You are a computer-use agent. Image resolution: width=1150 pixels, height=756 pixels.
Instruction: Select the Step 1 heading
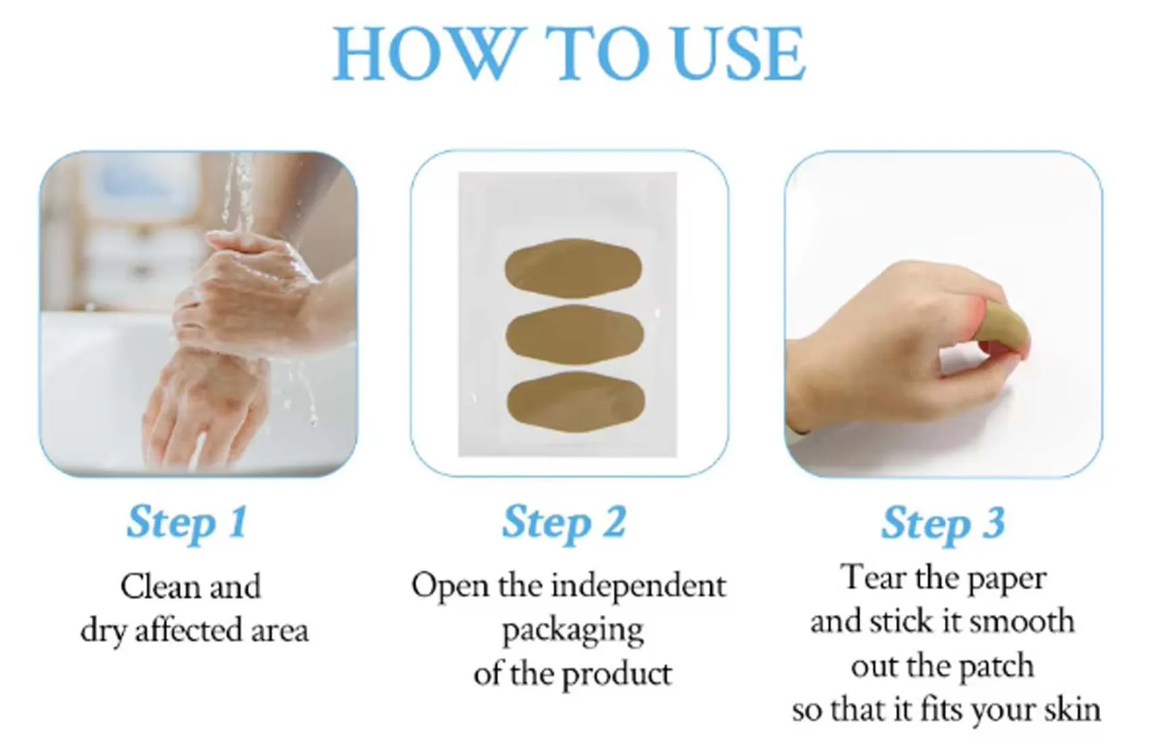tap(187, 523)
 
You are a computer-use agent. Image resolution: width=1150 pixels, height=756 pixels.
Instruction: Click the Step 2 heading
tap(564, 523)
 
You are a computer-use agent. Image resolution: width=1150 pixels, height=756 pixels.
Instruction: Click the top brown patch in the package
tap(573, 268)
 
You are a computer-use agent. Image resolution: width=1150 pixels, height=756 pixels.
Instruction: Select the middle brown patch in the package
tap(574, 333)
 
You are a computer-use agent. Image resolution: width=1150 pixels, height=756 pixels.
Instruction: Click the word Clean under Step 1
tap(161, 587)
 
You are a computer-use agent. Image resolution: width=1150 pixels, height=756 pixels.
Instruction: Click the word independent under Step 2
tap(638, 586)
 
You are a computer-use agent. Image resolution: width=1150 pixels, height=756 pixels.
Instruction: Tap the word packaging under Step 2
tap(572, 631)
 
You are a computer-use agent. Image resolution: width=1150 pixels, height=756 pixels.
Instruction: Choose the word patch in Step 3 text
tap(995, 667)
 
